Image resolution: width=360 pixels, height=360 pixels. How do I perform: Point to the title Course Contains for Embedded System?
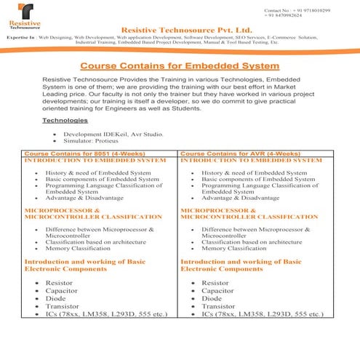pyautogui.click(x=180, y=66)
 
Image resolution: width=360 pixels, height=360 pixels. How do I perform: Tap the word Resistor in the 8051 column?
pyautogui.click(x=59, y=282)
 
